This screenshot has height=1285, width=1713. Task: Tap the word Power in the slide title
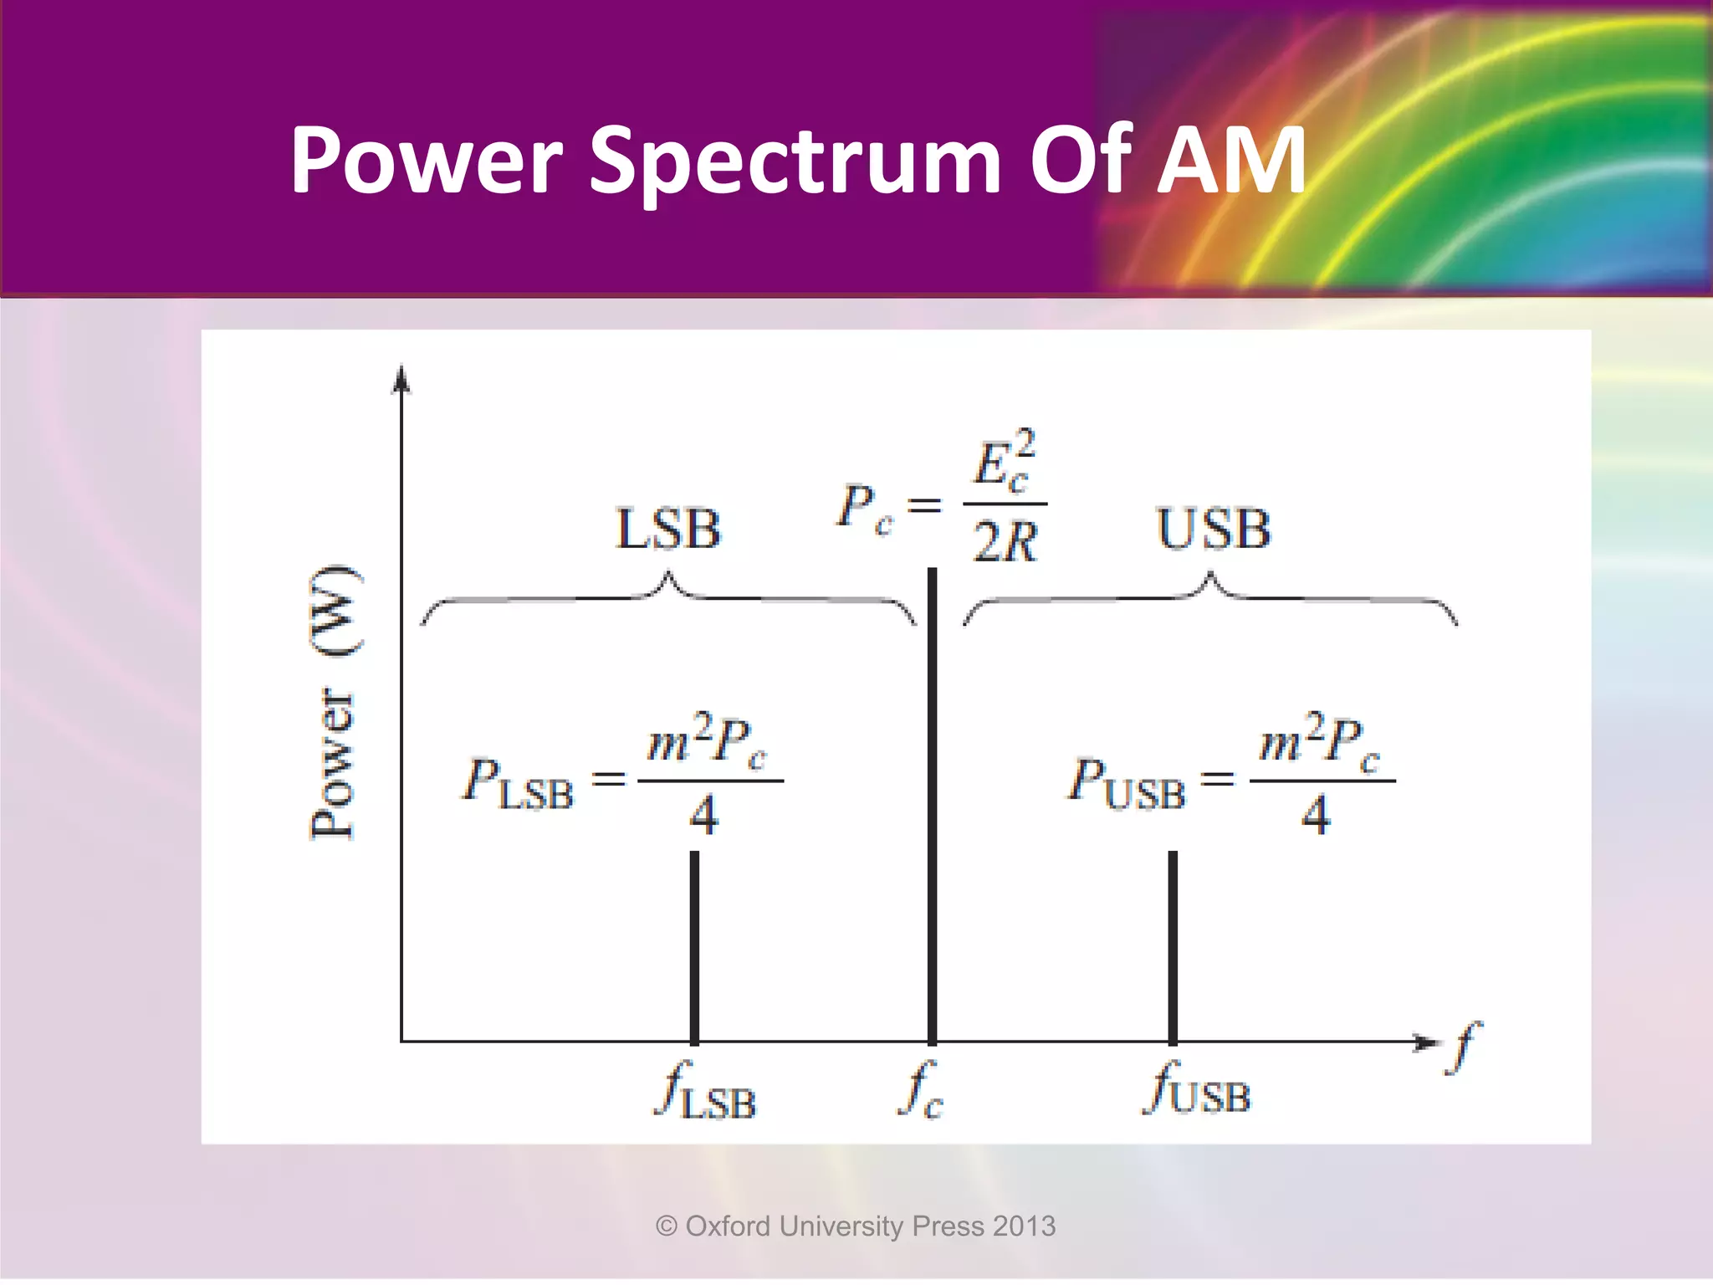[427, 161]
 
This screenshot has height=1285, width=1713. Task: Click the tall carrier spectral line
[932, 803]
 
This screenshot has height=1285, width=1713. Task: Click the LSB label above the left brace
[667, 530]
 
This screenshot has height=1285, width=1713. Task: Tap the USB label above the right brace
[1213, 530]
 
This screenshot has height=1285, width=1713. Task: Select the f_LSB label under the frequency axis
[705, 1092]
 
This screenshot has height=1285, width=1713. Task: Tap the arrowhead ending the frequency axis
[1425, 1042]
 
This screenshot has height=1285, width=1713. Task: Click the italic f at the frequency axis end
[1463, 1046]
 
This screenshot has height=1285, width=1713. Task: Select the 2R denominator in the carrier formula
[1005, 542]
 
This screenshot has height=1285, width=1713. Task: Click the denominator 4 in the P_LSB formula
[703, 815]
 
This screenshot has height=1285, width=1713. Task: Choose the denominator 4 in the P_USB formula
[1315, 815]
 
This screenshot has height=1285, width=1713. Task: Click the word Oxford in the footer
[728, 1226]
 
